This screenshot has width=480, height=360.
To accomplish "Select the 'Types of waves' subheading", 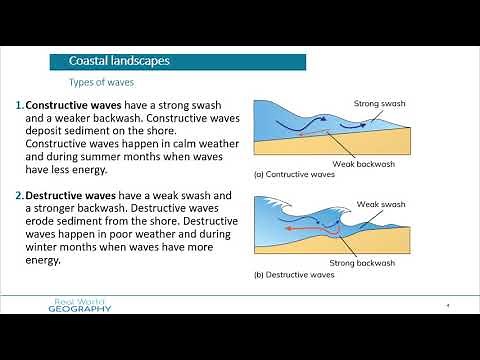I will click(x=100, y=82).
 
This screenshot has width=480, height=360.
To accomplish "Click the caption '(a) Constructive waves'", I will click(x=294, y=173).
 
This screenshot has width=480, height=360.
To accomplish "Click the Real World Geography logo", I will click(x=82, y=306).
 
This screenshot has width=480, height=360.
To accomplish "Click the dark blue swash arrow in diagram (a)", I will click(x=300, y=122).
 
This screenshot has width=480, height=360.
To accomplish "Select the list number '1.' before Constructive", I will click(x=19, y=104).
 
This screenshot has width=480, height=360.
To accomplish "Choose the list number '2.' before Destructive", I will click(x=19, y=194).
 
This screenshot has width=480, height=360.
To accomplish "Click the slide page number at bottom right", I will click(x=446, y=305).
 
